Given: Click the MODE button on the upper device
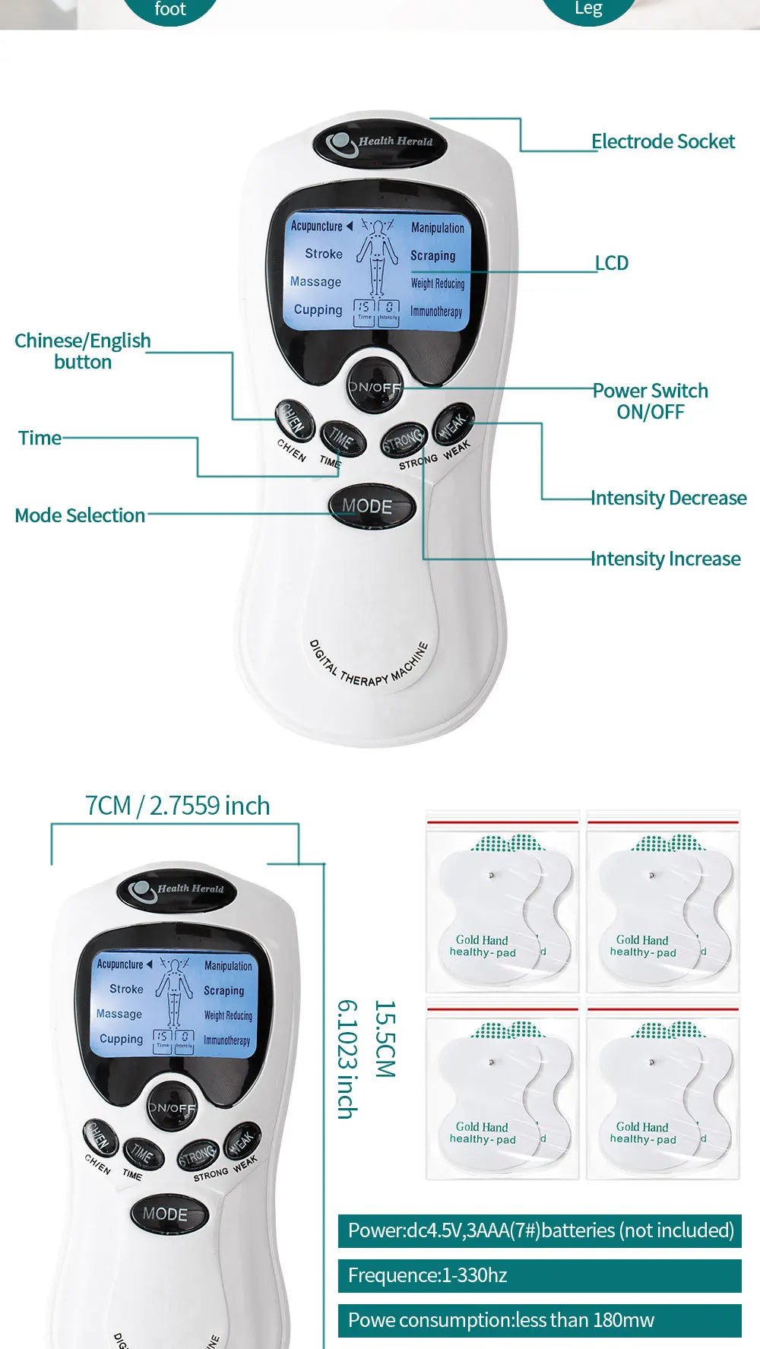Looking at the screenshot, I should (372, 506).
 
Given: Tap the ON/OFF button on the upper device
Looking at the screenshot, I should (374, 387).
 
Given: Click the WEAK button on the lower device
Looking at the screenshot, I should (242, 1142).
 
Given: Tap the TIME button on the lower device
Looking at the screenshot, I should (143, 1154).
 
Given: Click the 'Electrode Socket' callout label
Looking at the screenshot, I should (663, 141).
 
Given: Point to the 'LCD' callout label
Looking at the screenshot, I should (612, 263).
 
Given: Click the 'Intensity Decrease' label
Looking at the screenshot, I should (669, 498).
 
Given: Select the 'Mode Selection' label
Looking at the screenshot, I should (80, 515).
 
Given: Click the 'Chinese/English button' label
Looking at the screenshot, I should (82, 350).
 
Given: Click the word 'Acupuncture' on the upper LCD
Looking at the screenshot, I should (317, 226).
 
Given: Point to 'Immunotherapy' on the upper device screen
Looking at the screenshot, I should (436, 311).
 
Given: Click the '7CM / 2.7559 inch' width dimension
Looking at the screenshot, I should (177, 806).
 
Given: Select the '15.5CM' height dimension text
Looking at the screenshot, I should (385, 1038).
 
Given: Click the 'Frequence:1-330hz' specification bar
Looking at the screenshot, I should (540, 1275).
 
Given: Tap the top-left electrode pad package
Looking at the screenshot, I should (502, 902).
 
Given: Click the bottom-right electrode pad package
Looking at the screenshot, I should (663, 1089).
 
